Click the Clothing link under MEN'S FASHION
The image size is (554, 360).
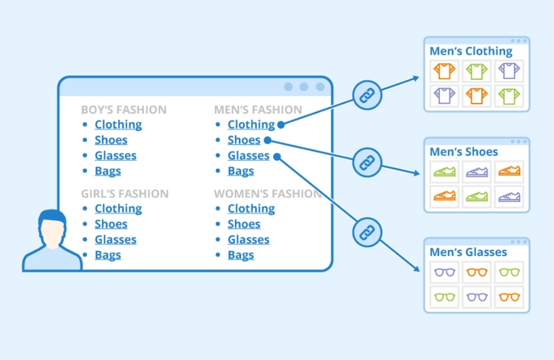click(251, 125)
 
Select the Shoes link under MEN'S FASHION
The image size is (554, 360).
click(244, 140)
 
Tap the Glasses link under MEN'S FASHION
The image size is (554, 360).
click(248, 156)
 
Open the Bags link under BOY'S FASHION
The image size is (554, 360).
click(107, 171)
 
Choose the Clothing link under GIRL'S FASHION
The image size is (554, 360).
click(118, 209)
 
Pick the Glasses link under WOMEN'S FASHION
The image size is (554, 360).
click(248, 240)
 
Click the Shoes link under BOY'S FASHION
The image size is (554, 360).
click(111, 140)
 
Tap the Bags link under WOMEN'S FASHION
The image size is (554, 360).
click(240, 255)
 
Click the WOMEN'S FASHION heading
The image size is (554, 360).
click(268, 194)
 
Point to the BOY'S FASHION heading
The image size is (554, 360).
click(124, 110)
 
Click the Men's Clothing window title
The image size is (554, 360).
click(471, 52)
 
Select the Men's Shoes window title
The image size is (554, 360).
click(464, 152)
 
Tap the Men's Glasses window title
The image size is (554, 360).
click(468, 253)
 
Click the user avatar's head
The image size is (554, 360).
click(52, 227)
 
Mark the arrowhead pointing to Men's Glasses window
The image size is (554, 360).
click(417, 269)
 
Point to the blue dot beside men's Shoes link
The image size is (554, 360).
click(266, 140)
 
